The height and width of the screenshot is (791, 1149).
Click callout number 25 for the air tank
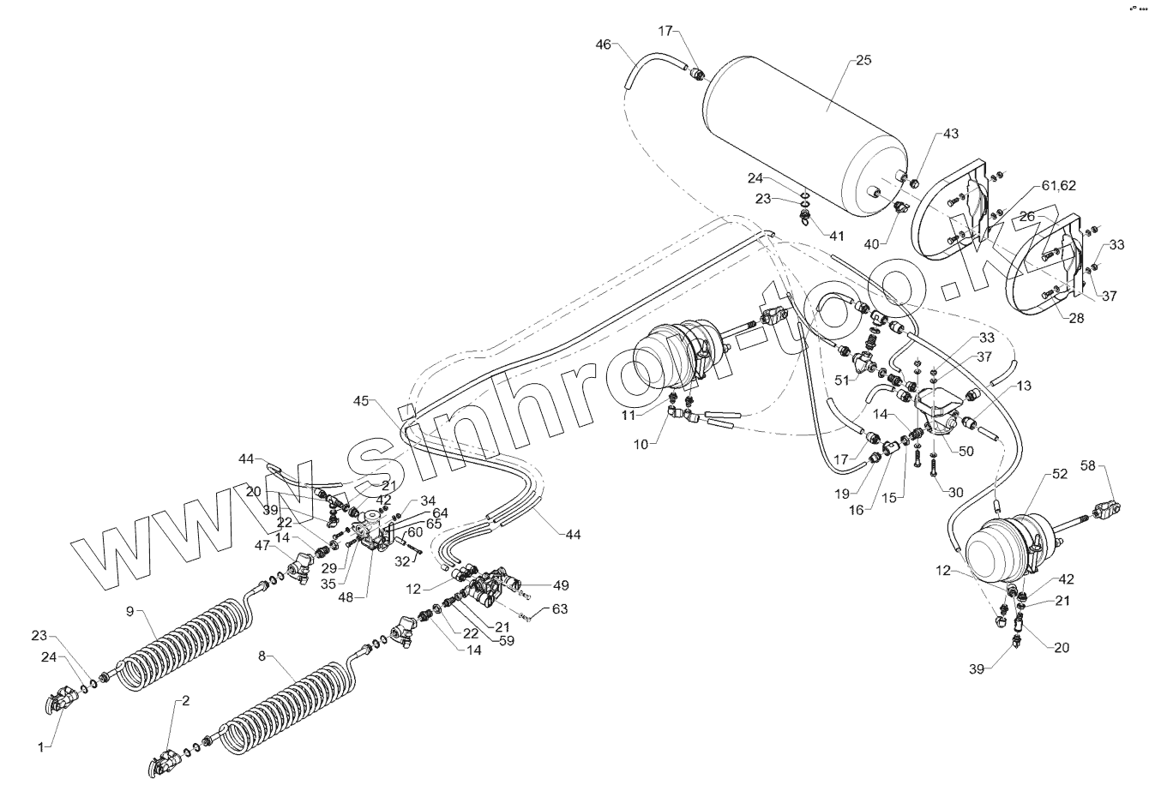click(863, 61)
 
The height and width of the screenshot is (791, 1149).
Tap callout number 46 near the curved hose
click(604, 44)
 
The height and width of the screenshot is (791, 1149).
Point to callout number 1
click(40, 747)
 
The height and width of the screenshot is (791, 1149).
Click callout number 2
click(185, 701)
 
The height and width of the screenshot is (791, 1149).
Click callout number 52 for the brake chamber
click(1060, 472)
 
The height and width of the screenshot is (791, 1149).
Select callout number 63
click(560, 610)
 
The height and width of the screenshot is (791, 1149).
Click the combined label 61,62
click(1059, 185)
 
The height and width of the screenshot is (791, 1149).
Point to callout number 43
click(952, 134)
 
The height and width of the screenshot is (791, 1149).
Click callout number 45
click(362, 400)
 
